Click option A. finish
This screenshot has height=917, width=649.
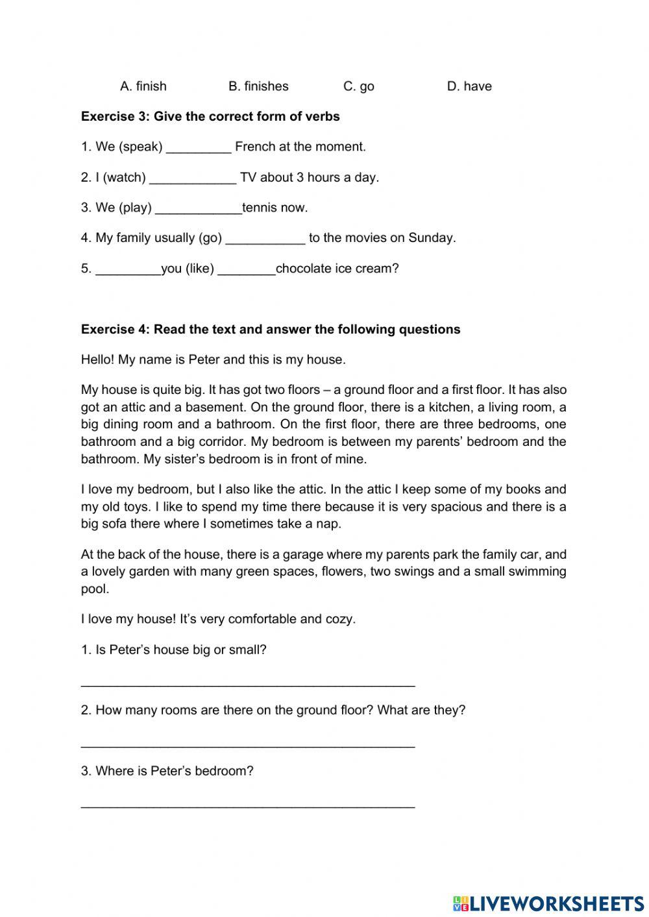143,86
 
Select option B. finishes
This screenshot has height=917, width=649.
258,86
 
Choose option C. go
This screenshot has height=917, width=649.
358,86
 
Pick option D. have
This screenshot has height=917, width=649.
469,86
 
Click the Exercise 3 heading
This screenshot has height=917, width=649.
210,116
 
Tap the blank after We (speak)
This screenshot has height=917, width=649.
199,148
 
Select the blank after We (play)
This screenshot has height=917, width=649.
199,209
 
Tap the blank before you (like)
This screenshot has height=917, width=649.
128,270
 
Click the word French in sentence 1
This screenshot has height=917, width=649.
255,147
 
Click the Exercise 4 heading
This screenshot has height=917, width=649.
271,329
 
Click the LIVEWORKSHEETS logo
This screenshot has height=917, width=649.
548,903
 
